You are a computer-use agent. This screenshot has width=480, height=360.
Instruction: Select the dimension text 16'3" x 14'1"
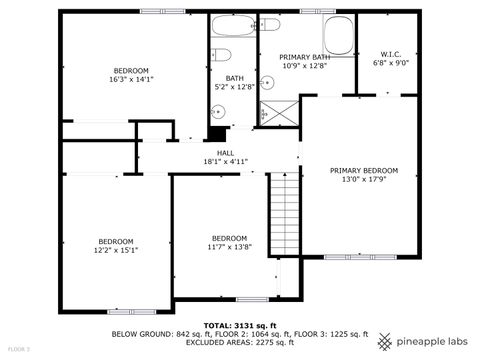[131, 79]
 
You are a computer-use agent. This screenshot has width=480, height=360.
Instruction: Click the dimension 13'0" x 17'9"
[364, 180]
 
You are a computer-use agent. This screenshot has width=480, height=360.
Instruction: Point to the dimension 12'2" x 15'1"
[116, 250]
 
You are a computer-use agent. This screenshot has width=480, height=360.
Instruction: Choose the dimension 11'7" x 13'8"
[229, 246]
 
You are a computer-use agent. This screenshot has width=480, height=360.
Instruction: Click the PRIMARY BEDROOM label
[364, 170]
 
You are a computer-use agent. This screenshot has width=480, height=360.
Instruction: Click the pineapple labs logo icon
[385, 341]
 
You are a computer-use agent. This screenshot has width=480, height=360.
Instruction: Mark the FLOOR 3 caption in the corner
[19, 349]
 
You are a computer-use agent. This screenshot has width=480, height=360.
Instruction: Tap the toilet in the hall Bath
[222, 54]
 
